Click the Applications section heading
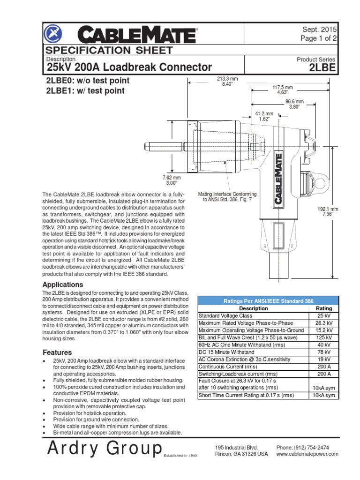point(63,285)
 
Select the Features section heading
point(57,352)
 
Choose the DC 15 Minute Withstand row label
point(227,352)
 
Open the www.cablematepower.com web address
point(307,455)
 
